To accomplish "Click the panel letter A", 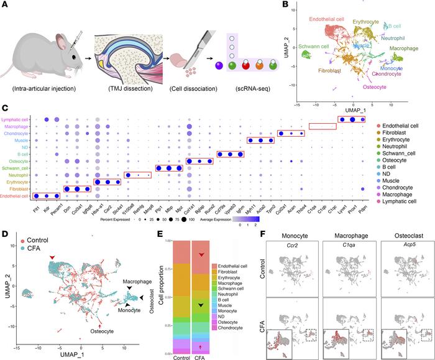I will pos(5,6).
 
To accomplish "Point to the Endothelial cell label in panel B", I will pos(334,19).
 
